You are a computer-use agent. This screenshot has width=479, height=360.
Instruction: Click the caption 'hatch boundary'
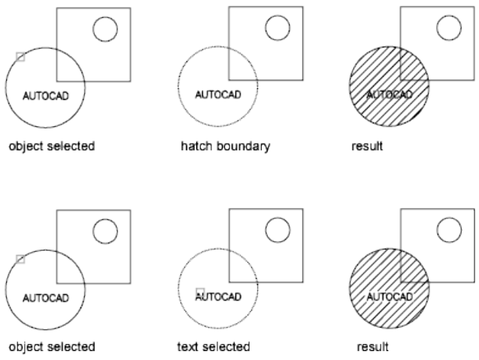pyautogui.click(x=225, y=146)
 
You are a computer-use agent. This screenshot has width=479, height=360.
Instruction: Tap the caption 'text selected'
pyautogui.click(x=214, y=347)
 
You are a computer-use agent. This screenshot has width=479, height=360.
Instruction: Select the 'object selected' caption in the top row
pyautogui.click(x=51, y=146)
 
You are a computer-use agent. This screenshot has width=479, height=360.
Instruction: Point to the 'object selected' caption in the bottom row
pyautogui.click(x=51, y=347)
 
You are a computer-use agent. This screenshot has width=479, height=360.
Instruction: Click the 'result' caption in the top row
pyautogui.click(x=367, y=146)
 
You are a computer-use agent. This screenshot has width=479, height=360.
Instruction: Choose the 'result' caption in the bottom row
pyautogui.click(x=372, y=347)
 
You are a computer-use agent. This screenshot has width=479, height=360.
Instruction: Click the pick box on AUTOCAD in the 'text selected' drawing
pyautogui.click(x=200, y=292)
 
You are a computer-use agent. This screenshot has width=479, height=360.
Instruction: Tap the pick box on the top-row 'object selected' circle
pyautogui.click(x=20, y=56)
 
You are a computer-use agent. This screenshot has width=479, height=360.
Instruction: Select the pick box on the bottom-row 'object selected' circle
pyautogui.click(x=20, y=259)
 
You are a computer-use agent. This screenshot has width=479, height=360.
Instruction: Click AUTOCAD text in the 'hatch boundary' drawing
pyautogui.click(x=218, y=95)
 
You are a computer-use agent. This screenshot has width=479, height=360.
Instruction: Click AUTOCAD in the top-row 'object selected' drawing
pyautogui.click(x=46, y=96)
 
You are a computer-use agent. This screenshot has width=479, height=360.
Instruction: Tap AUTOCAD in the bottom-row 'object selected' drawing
pyautogui.click(x=46, y=298)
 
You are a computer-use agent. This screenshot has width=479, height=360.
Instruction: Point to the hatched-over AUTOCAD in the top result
pyautogui.click(x=390, y=95)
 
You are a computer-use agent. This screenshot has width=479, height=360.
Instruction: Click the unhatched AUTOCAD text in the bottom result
pyautogui.click(x=390, y=298)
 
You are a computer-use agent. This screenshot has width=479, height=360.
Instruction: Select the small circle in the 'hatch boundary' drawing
pyautogui.click(x=277, y=29)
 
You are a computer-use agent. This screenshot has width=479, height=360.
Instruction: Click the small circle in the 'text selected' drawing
pyautogui.click(x=277, y=230)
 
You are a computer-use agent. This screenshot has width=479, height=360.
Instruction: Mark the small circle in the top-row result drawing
pyautogui.click(x=450, y=29)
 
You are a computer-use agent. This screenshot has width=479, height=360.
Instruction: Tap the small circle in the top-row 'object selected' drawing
pyautogui.click(x=105, y=29)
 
